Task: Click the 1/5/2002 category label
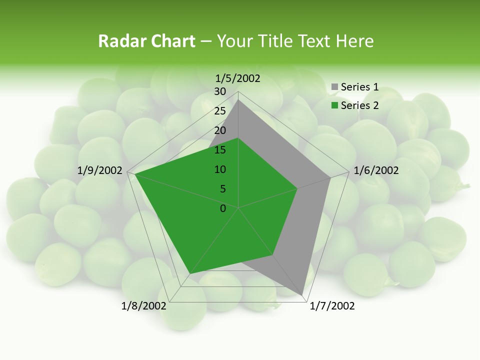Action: click(x=238, y=78)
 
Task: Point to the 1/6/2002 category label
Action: click(x=376, y=170)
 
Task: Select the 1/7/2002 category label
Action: click(x=332, y=306)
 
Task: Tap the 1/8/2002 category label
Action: click(x=144, y=306)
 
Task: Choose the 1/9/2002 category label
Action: click(x=100, y=170)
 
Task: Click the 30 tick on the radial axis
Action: click(x=220, y=91)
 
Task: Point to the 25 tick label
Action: click(x=220, y=111)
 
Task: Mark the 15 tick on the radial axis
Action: click(x=220, y=150)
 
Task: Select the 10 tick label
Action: click(x=220, y=169)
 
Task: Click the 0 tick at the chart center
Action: click(x=223, y=208)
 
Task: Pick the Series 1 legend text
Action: click(x=359, y=87)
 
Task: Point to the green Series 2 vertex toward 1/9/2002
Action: click(x=135, y=174)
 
